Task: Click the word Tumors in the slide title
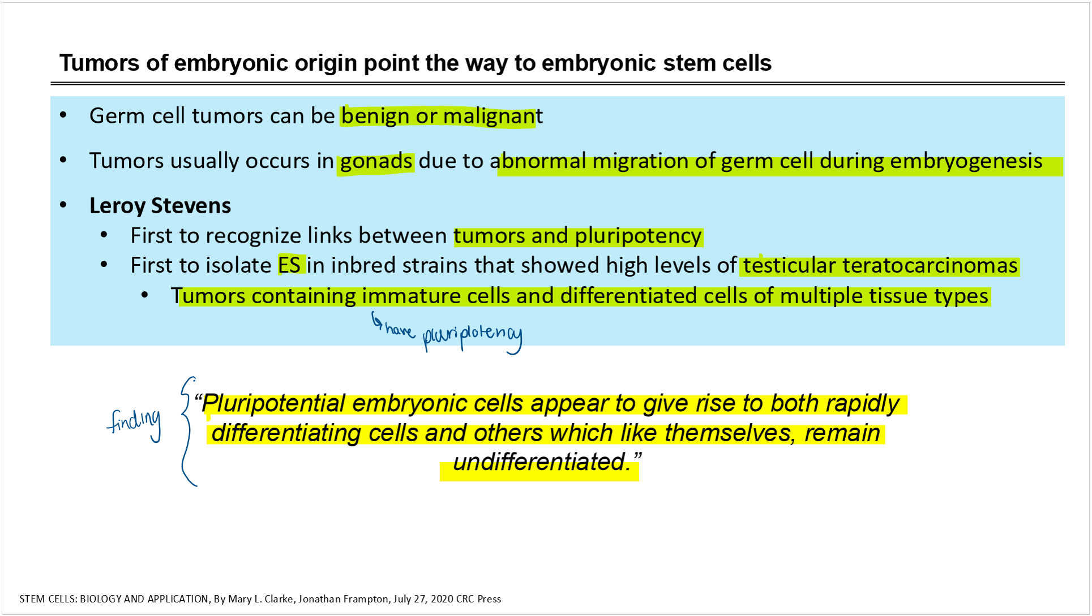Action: pos(99,63)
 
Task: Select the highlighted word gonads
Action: pos(376,162)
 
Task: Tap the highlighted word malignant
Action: pos(493,116)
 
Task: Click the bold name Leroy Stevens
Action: pos(160,205)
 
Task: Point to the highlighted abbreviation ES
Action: pos(289,265)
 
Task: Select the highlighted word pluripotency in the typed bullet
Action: pos(639,236)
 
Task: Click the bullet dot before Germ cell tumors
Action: pos(63,115)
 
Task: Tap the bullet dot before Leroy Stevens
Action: pos(63,205)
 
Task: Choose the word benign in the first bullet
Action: pos(375,116)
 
